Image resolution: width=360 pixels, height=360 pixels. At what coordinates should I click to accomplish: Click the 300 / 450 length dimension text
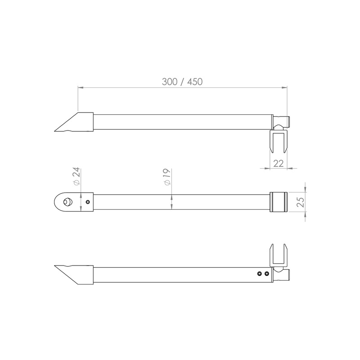[182, 82]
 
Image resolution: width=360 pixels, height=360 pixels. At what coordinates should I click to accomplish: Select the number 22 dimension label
[278, 163]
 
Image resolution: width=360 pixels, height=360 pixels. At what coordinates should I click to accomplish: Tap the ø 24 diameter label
[76, 176]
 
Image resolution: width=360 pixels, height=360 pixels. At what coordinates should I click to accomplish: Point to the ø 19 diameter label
[167, 177]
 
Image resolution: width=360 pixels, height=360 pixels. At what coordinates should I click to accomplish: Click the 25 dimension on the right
[300, 202]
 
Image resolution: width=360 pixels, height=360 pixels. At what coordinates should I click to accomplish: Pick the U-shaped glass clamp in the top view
[278, 141]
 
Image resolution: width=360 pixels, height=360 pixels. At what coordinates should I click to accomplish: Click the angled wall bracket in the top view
[74, 122]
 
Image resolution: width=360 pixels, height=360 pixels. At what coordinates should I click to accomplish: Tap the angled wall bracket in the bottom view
[74, 275]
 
